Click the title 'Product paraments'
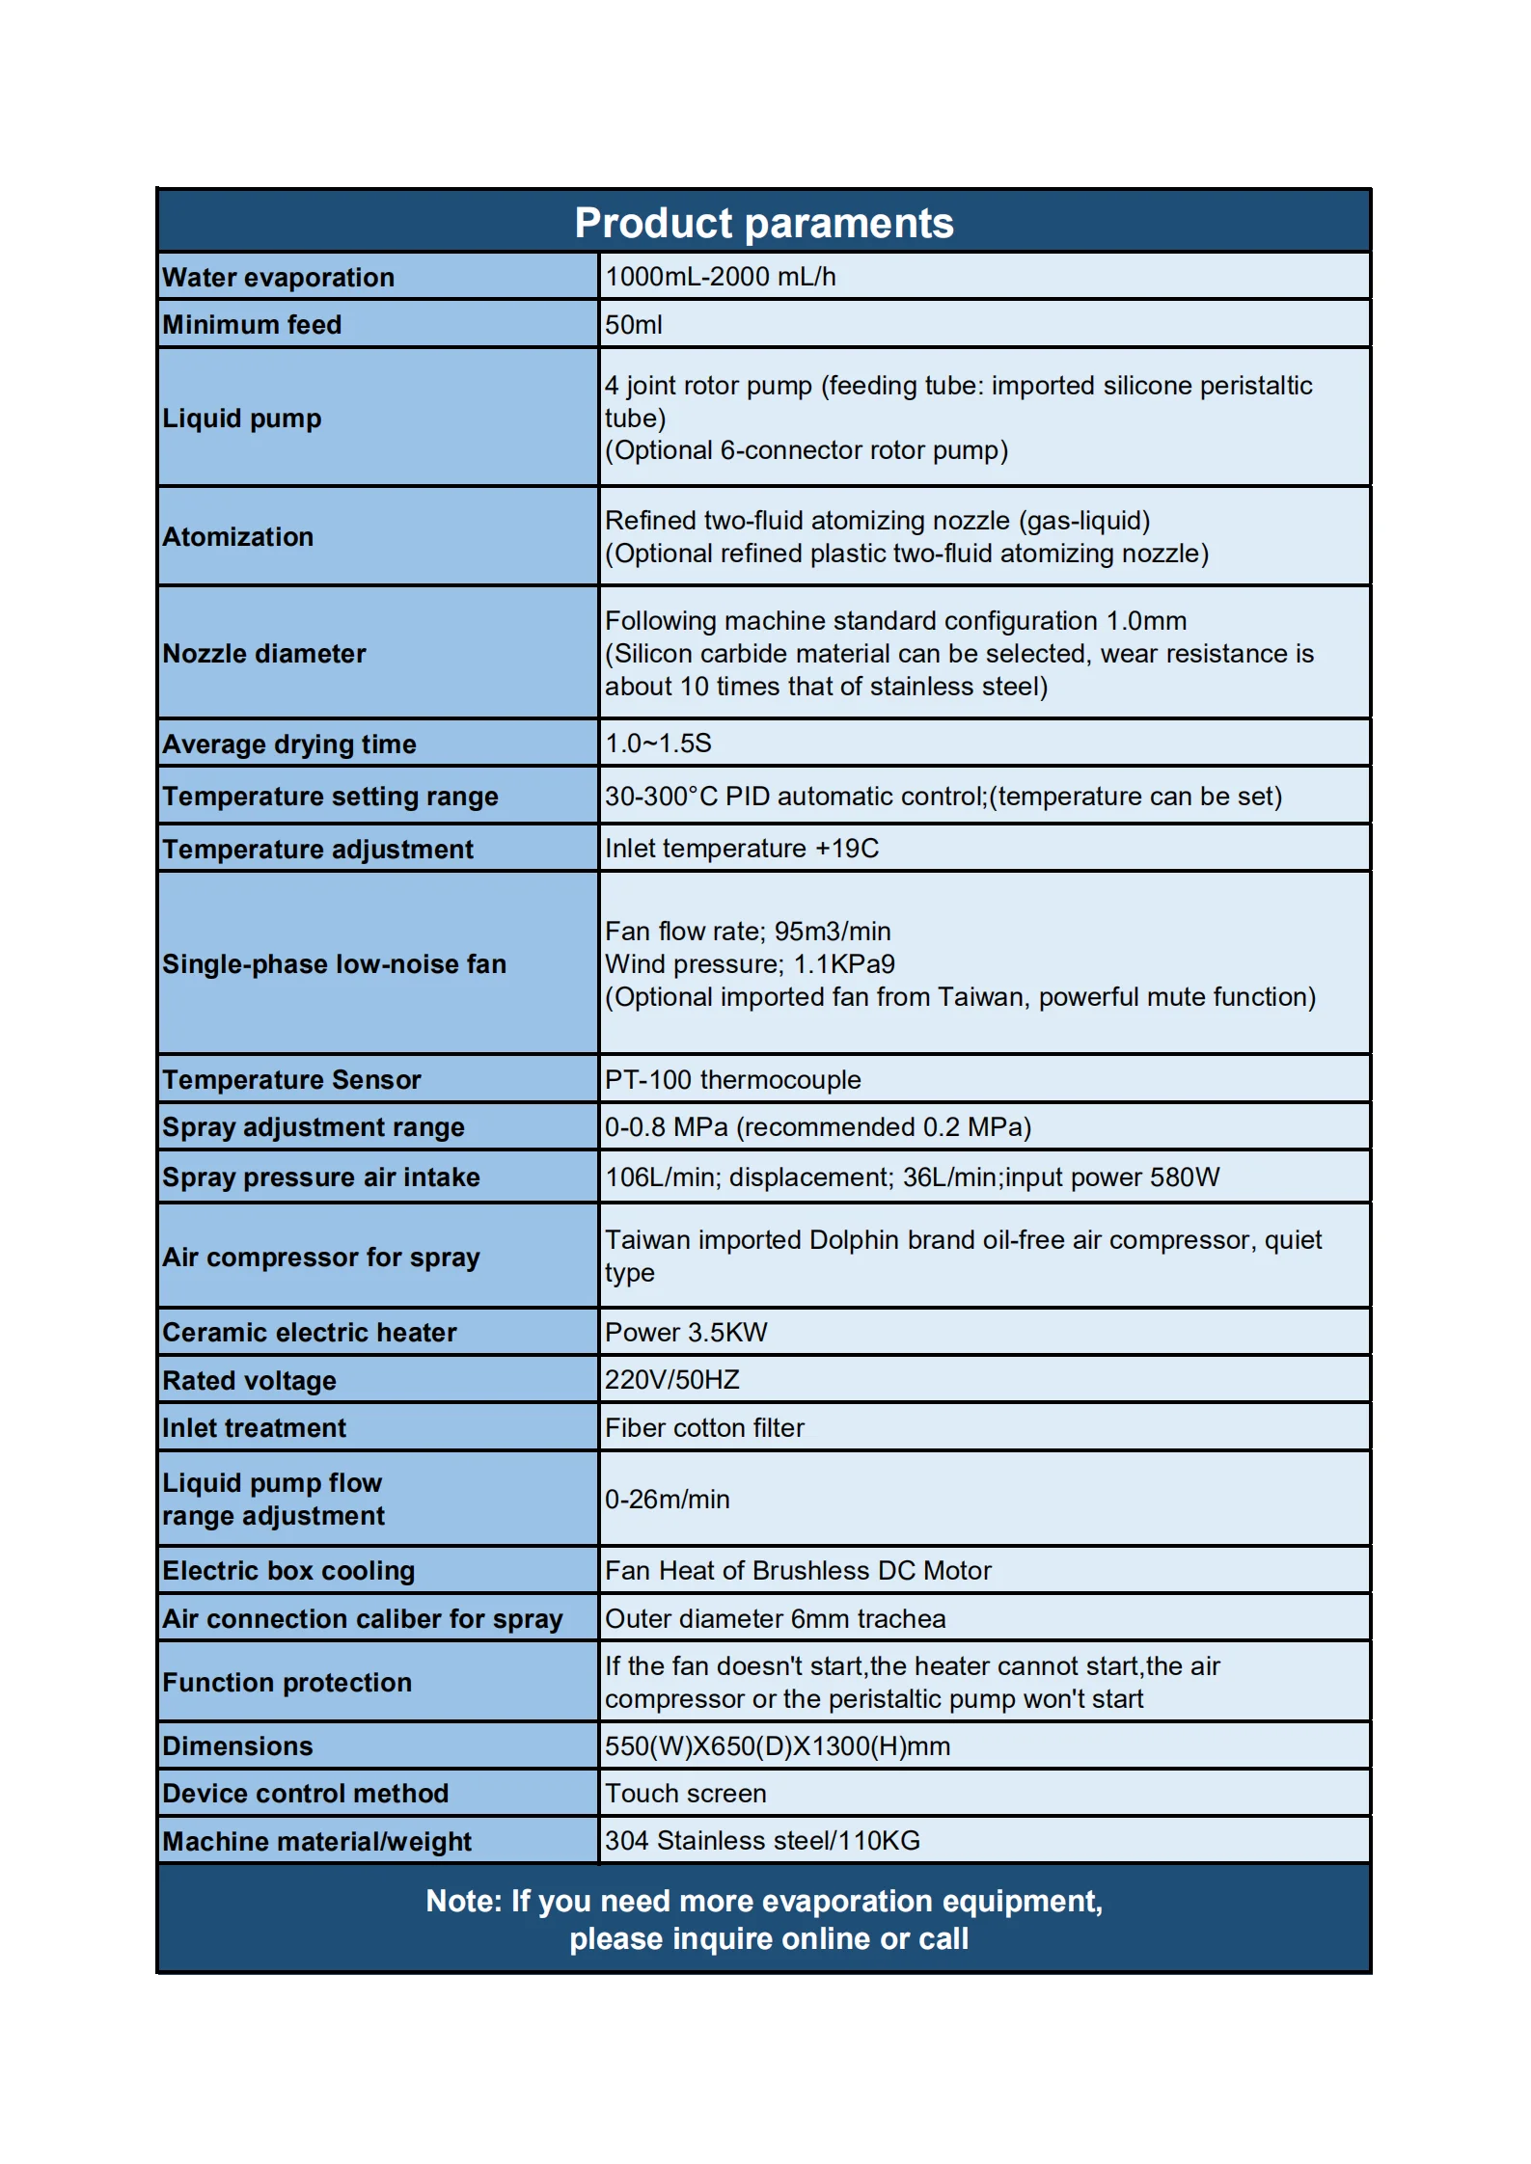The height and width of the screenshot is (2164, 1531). click(x=764, y=223)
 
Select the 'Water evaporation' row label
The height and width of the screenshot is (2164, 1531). click(x=278, y=278)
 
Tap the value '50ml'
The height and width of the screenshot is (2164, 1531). click(x=634, y=325)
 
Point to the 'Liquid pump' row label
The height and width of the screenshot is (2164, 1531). click(x=241, y=419)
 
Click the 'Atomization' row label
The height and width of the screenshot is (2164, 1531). click(x=237, y=537)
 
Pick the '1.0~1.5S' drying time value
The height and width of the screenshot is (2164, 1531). click(x=658, y=744)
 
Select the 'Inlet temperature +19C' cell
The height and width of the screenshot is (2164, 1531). click(x=741, y=849)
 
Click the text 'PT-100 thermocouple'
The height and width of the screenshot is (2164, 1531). click(x=732, y=1080)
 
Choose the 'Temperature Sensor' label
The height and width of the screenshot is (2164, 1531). click(x=291, y=1080)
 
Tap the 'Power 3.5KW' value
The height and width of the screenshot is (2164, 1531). click(x=686, y=1333)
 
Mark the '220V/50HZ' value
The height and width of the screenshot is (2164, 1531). click(x=671, y=1380)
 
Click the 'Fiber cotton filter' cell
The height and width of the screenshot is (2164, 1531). click(x=704, y=1428)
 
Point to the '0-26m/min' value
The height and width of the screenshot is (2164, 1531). click(x=667, y=1500)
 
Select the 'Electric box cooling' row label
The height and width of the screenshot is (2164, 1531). click(x=288, y=1571)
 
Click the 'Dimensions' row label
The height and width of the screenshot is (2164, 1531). click(x=237, y=1746)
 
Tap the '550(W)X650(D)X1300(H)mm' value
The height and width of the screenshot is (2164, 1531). click(x=777, y=1746)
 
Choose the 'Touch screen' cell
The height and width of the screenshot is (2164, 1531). click(x=685, y=1794)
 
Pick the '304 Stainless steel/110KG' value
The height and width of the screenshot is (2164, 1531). click(x=762, y=1841)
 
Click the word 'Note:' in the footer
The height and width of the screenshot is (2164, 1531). click(x=464, y=1901)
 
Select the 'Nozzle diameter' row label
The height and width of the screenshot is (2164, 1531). click(x=263, y=654)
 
